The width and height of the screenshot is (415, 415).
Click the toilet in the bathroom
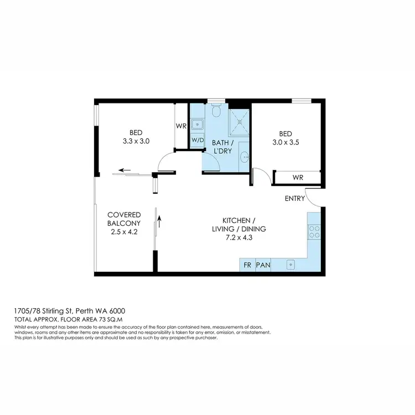(x=217, y=112)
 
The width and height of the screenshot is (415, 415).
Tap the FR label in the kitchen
(x=247, y=266)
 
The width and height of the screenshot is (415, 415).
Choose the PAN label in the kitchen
(x=263, y=266)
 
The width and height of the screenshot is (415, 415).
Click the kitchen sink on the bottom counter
(x=290, y=266)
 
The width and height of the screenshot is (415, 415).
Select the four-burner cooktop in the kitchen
(x=314, y=231)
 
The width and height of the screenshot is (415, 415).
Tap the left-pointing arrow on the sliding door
(x=124, y=170)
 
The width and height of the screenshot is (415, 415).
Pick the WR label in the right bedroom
(x=297, y=178)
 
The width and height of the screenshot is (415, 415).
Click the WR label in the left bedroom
(x=181, y=126)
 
